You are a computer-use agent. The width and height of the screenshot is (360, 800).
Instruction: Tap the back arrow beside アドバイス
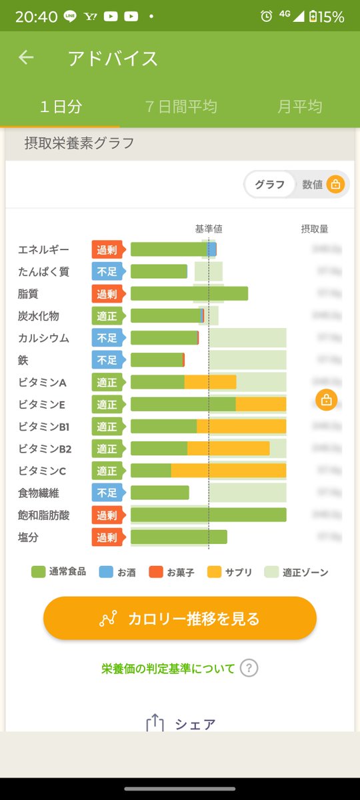pos(26,58)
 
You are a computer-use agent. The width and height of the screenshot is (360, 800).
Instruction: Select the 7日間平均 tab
pos(181,107)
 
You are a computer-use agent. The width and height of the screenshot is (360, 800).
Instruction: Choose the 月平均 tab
pos(299,107)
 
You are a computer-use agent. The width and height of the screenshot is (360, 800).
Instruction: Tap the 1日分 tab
pos(60,107)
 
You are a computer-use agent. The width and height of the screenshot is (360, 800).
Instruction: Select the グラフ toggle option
pos(269,185)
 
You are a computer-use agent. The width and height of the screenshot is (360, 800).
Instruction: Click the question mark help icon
pos(249,668)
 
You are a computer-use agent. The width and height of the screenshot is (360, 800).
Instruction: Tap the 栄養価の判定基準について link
pos(168,668)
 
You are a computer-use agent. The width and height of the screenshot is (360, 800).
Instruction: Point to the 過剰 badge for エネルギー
pos(107,249)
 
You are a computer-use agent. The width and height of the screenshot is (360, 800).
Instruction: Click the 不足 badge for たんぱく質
pos(107,271)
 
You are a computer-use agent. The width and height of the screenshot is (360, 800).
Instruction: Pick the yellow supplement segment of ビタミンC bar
pos(228,471)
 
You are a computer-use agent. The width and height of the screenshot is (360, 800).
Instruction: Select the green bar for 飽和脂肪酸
pos(208,515)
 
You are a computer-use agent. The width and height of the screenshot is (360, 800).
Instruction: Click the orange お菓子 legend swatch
pos(156,572)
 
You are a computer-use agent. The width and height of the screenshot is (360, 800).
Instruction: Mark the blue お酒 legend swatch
pos(106,572)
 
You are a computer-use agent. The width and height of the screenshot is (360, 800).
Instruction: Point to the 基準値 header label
pos(209,229)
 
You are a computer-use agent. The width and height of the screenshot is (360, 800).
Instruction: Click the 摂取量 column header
pos(314,229)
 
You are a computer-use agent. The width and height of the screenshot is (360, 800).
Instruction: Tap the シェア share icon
pos(155,723)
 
